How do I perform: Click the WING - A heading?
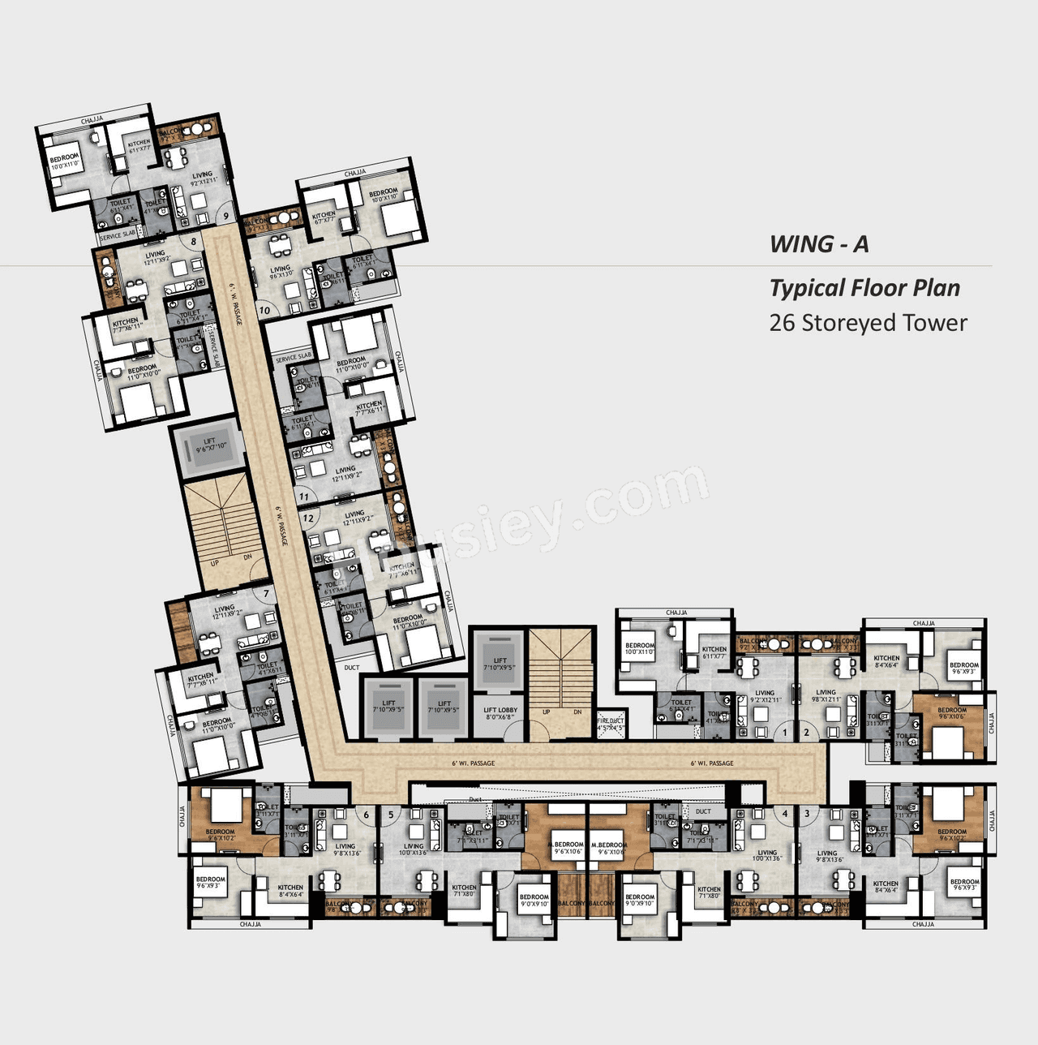(x=818, y=244)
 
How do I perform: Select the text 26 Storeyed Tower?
(x=868, y=323)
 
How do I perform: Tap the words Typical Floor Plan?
(x=864, y=288)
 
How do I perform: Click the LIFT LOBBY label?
(x=500, y=713)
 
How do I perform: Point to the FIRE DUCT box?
(x=611, y=724)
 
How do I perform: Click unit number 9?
(x=225, y=217)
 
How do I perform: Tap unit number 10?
(x=264, y=310)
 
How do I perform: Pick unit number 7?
(x=265, y=594)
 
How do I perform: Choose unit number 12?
(x=308, y=518)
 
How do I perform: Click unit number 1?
(x=784, y=733)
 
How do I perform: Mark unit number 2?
(x=806, y=733)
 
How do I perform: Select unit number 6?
(x=366, y=815)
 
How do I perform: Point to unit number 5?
(x=391, y=815)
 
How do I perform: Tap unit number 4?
(x=784, y=813)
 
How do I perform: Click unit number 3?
(x=807, y=813)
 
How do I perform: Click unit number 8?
(x=193, y=241)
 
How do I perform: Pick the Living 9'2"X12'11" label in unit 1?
(x=764, y=696)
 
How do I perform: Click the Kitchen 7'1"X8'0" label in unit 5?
(x=464, y=891)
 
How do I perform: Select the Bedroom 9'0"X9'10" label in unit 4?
(x=639, y=901)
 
